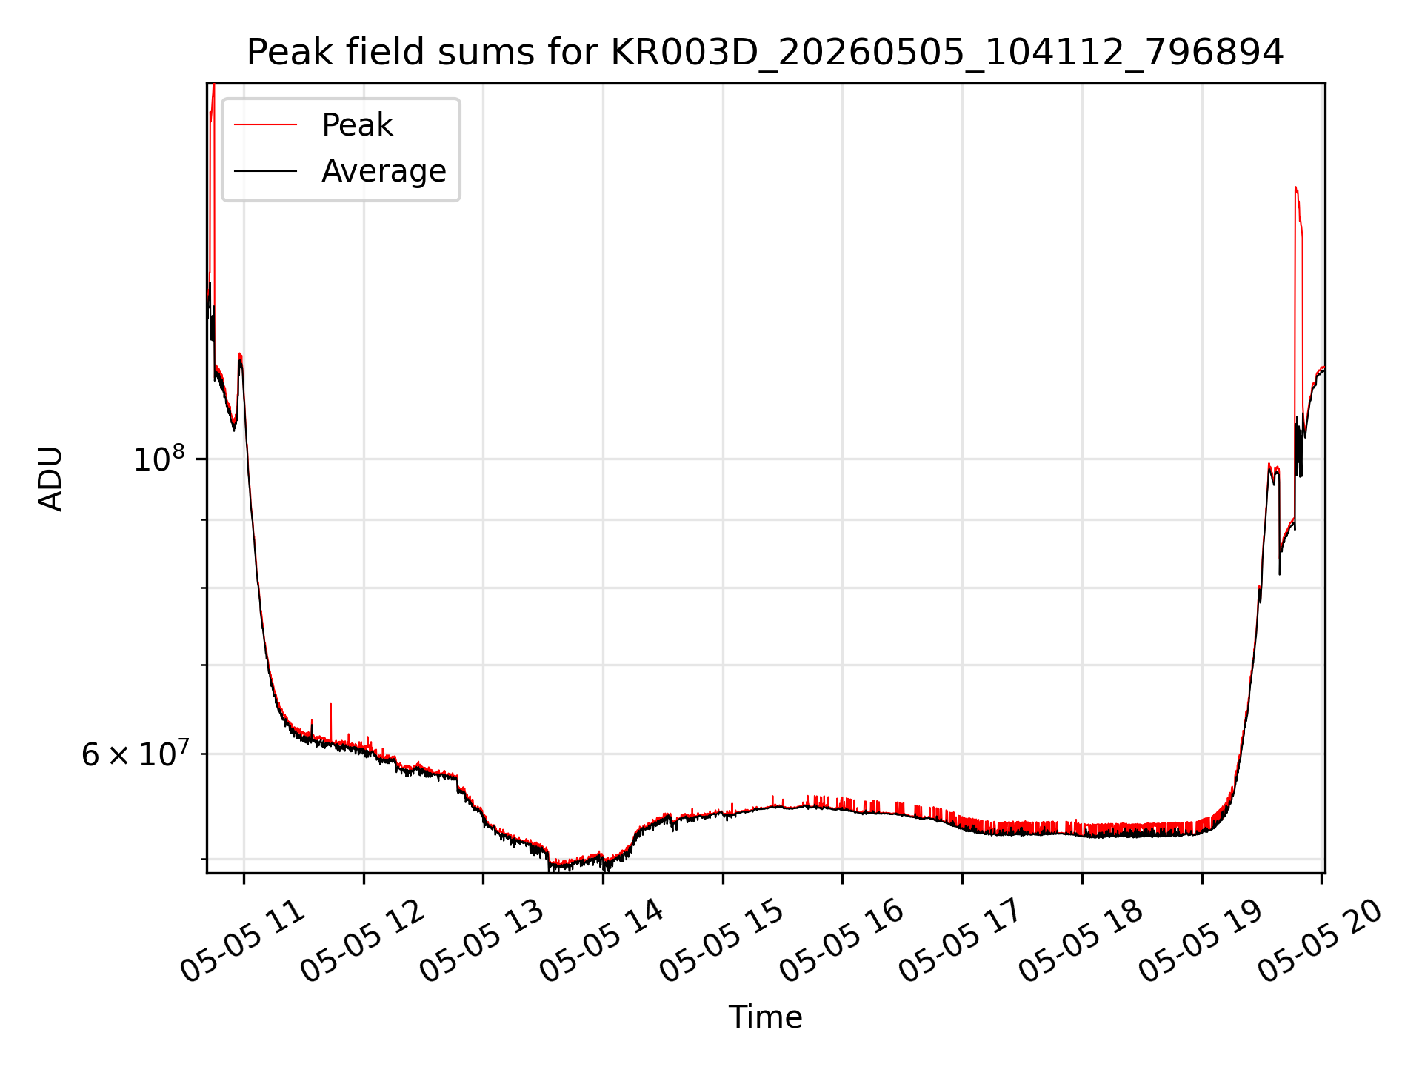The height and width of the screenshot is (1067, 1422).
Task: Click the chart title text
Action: point(765,53)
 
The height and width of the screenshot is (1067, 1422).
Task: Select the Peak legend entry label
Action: point(357,125)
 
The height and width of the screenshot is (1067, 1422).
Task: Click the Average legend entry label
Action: point(384,171)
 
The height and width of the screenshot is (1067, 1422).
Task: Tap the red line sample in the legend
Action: point(265,125)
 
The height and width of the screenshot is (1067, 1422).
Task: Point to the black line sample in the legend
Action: point(265,171)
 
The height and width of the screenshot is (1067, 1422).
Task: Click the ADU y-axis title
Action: point(50,479)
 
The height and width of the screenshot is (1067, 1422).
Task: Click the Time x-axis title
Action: point(765,1017)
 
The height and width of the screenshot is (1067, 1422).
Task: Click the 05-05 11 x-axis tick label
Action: point(243,941)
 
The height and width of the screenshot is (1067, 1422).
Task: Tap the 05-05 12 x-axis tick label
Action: point(363,941)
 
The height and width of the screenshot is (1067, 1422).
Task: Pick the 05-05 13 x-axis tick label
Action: point(483,941)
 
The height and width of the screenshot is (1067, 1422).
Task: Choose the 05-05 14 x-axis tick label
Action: point(603,941)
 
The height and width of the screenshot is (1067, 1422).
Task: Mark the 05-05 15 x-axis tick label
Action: point(723,941)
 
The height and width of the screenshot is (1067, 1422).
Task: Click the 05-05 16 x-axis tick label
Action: point(842,941)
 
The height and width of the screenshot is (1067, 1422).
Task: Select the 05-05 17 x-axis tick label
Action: point(962,941)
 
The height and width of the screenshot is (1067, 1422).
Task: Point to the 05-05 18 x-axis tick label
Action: point(1082,941)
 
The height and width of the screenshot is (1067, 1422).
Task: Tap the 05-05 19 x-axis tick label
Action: point(1202,941)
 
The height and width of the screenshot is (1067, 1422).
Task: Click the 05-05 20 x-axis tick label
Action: point(1322,941)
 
